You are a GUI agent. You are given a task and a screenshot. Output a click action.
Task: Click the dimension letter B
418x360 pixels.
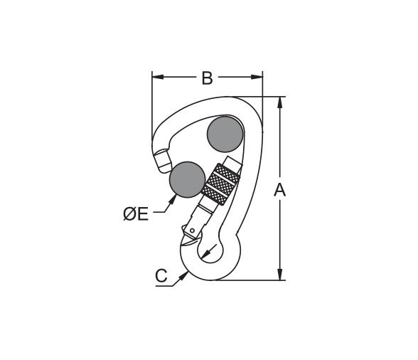207,78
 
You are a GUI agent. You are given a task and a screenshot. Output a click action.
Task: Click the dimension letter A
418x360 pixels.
279,190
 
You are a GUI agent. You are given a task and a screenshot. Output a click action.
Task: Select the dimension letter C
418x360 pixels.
161,275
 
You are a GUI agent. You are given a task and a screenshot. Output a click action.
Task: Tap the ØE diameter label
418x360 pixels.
136,213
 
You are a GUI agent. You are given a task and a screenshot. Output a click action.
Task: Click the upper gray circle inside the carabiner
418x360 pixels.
225,134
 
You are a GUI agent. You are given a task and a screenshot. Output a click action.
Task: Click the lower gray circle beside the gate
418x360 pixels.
188,179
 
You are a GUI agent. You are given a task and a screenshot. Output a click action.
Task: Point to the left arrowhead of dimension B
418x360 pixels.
158,77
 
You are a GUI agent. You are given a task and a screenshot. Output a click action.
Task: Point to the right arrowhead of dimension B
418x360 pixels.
257,77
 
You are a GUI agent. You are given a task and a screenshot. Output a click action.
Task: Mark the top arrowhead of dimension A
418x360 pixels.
279,102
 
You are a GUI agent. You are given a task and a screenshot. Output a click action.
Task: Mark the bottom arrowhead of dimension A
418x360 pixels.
279,275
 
